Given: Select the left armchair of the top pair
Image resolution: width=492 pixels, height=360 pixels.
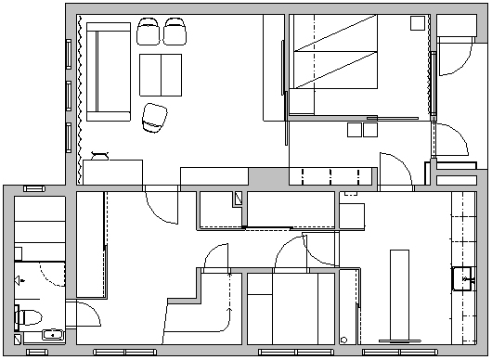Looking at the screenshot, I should (x=149, y=32).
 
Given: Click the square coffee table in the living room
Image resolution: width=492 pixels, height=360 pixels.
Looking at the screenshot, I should (x=161, y=74).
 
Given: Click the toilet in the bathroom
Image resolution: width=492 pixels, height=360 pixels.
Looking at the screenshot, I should (x=26, y=316).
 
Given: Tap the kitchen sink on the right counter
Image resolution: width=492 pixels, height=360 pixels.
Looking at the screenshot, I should (x=463, y=277).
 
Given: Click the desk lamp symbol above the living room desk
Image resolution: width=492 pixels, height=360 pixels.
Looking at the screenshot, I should (x=101, y=152).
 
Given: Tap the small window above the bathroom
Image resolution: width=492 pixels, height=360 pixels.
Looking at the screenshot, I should (x=34, y=188).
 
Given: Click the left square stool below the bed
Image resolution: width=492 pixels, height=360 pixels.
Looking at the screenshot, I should (x=354, y=130).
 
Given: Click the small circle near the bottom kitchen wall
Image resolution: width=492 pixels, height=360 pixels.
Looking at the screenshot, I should (x=343, y=339).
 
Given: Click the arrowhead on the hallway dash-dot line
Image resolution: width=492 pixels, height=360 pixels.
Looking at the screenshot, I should (x=230, y=276).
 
